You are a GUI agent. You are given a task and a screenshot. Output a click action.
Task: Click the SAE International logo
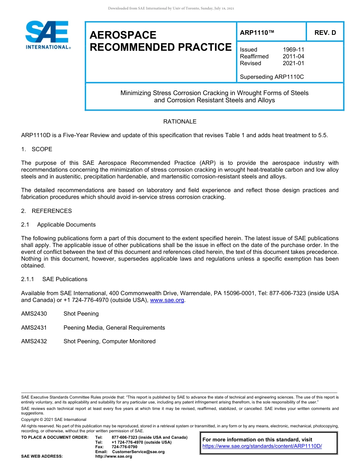[47, 35]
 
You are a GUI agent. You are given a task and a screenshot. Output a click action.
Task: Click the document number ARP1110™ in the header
[257, 33]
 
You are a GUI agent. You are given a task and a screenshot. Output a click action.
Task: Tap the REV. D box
[325, 33]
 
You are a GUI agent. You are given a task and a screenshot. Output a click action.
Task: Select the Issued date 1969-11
[293, 50]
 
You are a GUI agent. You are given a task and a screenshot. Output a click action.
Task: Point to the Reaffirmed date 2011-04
[293, 56]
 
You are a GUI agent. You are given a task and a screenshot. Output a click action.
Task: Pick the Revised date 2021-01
[293, 63]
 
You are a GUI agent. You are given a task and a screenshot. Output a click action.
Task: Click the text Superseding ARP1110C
[272, 77]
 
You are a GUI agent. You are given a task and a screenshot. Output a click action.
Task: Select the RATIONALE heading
[180, 122]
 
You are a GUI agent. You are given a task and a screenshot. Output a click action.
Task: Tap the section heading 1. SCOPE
[37, 149]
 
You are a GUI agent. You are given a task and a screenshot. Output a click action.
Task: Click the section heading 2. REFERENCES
[46, 211]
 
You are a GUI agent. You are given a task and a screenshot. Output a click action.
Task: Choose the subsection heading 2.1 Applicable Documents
[59, 225]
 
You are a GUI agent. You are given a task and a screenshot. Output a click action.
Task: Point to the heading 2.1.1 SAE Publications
[54, 279]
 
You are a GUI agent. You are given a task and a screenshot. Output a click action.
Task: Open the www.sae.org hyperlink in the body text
[167, 300]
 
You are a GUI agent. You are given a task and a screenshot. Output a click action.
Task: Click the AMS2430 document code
[34, 314]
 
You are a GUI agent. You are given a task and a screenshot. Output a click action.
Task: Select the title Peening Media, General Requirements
[114, 328]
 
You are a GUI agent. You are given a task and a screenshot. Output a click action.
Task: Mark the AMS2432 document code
[34, 341]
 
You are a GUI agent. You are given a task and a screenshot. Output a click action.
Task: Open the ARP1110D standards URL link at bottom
[262, 446]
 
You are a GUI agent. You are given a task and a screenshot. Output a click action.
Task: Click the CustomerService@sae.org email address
[138, 452]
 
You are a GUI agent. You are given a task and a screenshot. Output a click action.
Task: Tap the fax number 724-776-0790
[124, 447]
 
